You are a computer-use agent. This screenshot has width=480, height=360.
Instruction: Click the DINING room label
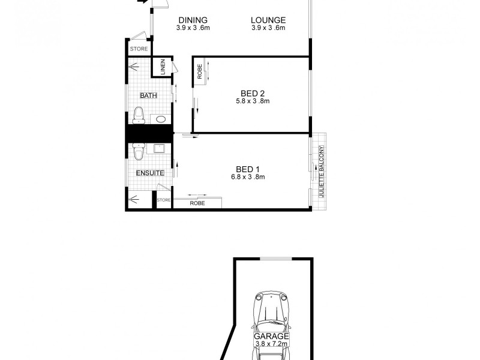(193, 20)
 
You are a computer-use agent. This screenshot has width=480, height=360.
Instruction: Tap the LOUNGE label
(268, 20)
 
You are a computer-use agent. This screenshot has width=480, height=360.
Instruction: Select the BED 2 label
(253, 93)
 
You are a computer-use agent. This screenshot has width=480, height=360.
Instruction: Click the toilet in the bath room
(139, 115)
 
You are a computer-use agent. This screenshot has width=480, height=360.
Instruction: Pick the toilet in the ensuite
(138, 154)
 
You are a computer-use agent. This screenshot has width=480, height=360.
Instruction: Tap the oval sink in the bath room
(161, 119)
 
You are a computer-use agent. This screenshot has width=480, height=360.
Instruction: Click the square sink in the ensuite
(160, 148)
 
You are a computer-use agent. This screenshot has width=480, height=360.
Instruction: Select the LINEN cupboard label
(162, 67)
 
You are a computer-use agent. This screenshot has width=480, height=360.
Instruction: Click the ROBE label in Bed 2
(199, 72)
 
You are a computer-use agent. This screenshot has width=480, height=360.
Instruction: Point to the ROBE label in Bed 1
(197, 203)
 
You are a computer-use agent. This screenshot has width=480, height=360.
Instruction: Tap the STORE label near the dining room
(139, 49)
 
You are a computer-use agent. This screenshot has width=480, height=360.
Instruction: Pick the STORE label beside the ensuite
(164, 200)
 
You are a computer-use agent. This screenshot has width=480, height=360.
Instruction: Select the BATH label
(148, 95)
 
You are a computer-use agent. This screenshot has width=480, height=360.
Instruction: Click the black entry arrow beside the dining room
(143, 2)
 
